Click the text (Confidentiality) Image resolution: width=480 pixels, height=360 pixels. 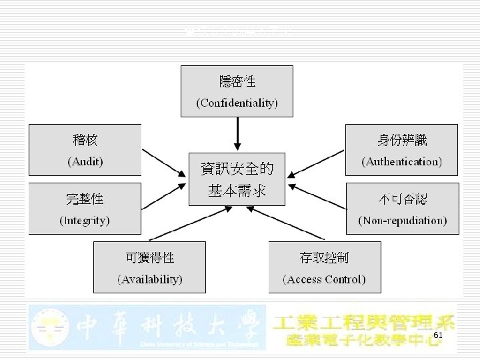[237, 103]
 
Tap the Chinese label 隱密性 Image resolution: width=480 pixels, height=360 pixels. [237, 82]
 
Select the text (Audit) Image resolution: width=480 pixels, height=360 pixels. [85, 161]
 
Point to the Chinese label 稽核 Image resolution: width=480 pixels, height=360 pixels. [85, 140]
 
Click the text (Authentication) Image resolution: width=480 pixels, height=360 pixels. [401, 161]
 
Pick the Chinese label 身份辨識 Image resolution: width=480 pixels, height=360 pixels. [401, 140]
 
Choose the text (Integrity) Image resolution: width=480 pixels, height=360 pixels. [85, 219]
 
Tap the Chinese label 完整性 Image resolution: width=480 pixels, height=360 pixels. [85, 198]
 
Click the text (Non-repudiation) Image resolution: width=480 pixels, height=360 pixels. [403, 219]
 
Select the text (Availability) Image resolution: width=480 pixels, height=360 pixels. [150, 279]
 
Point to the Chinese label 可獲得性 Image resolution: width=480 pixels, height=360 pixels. [150, 257]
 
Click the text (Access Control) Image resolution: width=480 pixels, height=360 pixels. [324, 279]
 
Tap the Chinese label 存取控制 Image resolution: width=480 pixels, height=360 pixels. [324, 257]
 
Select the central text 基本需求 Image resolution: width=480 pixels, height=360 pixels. [237, 191]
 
